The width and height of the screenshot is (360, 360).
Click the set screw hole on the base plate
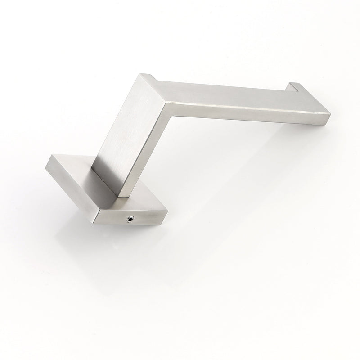click(130, 218)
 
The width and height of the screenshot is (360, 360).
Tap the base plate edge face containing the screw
click(135, 216)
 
